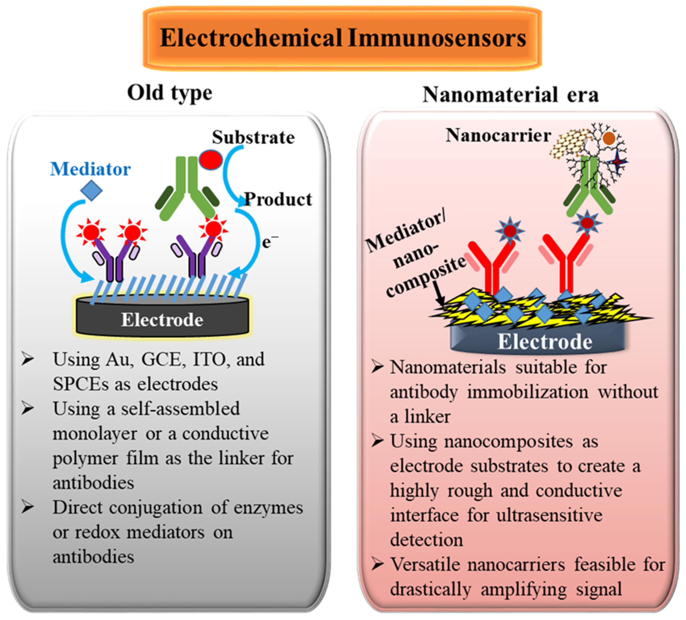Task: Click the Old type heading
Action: pyautogui.click(x=170, y=93)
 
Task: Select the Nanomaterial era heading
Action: pyautogui.click(x=510, y=95)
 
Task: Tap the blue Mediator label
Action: pyautogui.click(x=90, y=169)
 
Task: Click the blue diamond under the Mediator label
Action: pyautogui.click(x=91, y=191)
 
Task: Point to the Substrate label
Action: pyautogui.click(x=253, y=137)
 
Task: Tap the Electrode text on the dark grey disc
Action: pyautogui.click(x=162, y=320)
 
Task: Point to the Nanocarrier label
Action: pyautogui.click(x=498, y=135)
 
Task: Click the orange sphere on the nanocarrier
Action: pyautogui.click(x=609, y=138)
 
